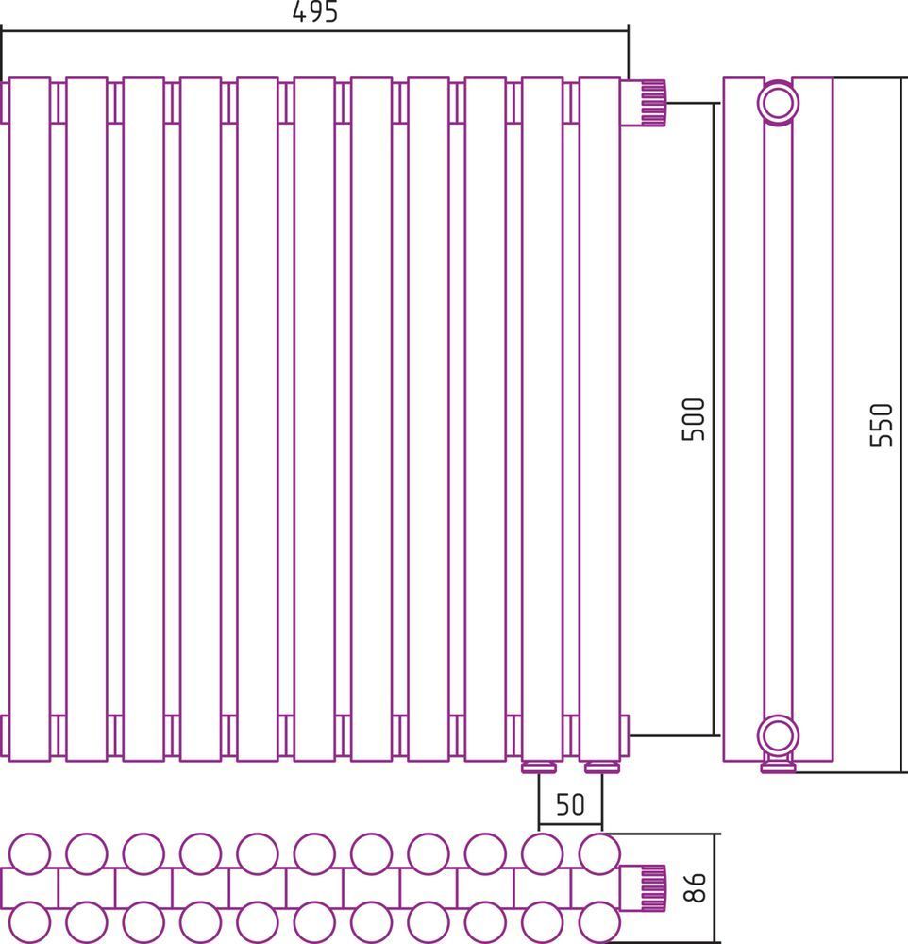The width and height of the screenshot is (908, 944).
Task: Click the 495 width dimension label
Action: [315, 11]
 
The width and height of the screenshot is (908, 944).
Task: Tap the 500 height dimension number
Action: [693, 420]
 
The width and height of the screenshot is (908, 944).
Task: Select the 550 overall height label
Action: [881, 425]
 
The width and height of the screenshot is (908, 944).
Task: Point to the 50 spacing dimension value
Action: [569, 803]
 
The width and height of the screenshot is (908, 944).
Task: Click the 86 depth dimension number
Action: [696, 887]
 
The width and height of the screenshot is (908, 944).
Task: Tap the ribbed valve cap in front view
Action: [653, 102]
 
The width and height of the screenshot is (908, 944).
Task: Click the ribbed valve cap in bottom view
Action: [653, 887]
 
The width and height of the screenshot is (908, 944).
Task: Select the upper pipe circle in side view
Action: [778, 102]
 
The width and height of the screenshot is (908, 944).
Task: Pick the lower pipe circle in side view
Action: [778, 735]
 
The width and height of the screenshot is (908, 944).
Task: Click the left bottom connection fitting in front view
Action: [539, 767]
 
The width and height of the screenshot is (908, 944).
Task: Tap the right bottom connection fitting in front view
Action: [602, 767]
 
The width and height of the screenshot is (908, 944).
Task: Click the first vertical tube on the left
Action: [29, 419]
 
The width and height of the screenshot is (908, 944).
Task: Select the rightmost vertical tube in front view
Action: [599, 419]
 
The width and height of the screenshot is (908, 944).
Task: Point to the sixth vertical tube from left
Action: [314, 419]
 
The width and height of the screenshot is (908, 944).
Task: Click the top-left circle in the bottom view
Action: [29, 853]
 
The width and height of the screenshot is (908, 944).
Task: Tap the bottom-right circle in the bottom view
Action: [599, 921]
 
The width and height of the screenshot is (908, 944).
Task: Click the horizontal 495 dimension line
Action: [314, 29]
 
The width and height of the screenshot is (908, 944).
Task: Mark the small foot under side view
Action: [778, 767]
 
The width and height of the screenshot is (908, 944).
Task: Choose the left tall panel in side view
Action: [744, 419]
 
